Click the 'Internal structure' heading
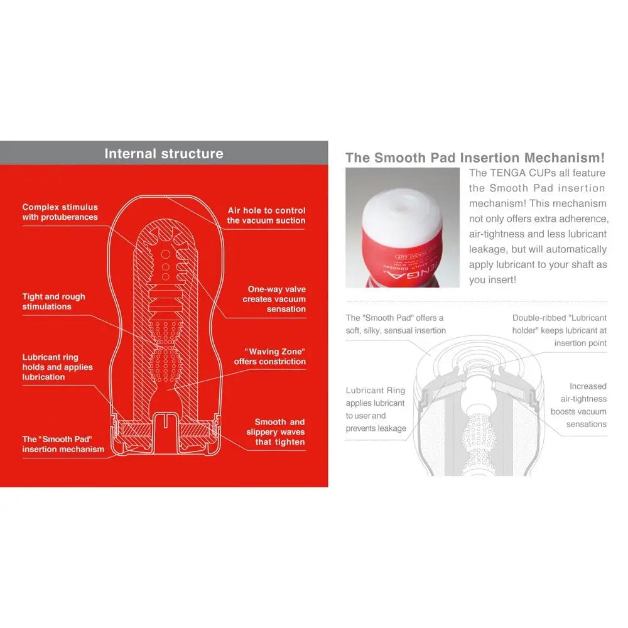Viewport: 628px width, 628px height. tap(163, 154)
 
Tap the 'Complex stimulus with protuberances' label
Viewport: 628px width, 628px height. tap(60, 212)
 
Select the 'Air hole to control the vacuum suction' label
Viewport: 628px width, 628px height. tap(266, 215)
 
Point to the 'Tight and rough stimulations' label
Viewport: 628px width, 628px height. tap(53, 301)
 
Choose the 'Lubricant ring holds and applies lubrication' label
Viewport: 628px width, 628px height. tap(57, 367)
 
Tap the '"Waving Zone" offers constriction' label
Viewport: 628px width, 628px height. tap(270, 357)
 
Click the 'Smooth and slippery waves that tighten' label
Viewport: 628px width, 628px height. tap(276, 432)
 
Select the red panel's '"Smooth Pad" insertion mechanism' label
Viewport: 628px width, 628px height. tap(63, 444)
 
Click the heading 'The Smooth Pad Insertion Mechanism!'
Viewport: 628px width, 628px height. tap(475, 158)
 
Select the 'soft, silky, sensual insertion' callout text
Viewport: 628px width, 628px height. tap(396, 330)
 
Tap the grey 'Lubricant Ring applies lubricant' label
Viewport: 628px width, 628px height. tap(376, 409)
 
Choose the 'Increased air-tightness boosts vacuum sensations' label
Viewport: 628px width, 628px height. tap(578, 405)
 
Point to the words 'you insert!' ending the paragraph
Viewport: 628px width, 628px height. tap(492, 280)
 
